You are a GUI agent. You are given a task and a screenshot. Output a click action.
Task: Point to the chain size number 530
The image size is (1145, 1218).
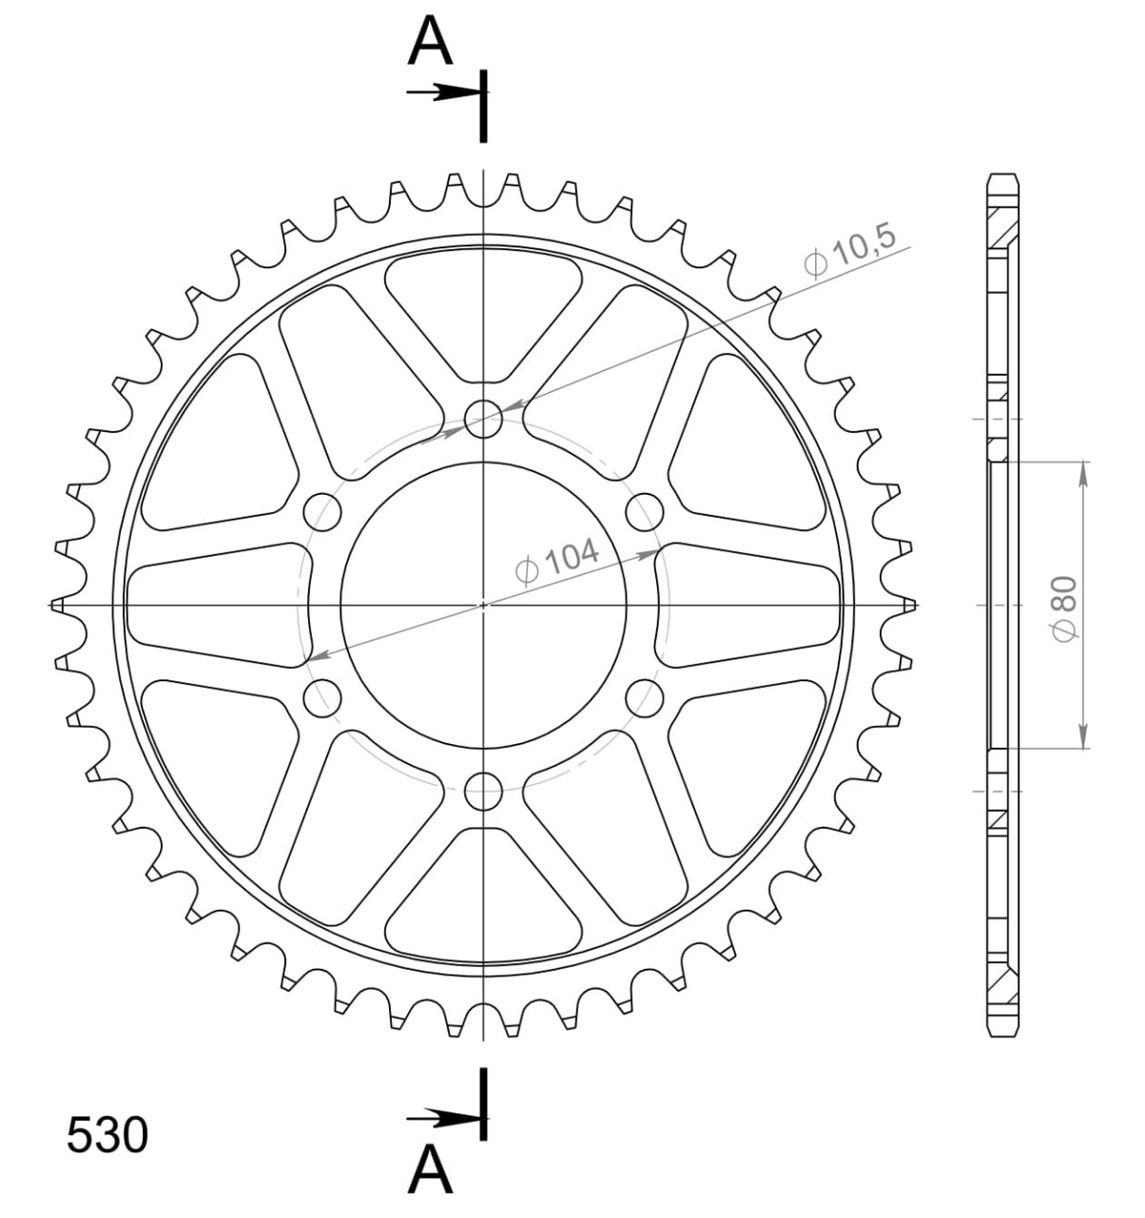(107, 1134)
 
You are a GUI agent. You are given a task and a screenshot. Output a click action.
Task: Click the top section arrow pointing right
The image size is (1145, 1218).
(443, 92)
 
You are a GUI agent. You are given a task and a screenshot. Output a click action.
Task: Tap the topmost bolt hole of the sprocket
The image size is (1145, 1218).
(484, 420)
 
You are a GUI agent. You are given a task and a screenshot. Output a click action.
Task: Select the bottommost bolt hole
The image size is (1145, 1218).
(484, 791)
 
